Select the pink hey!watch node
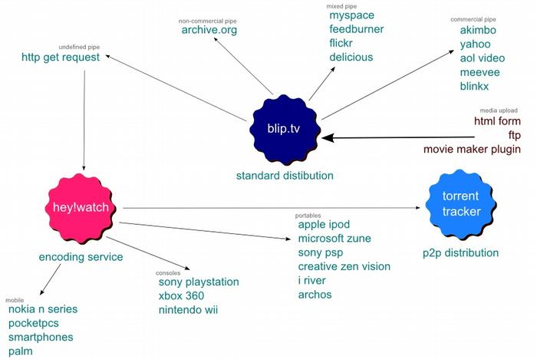[81, 206]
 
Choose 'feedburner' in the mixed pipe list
[356, 29]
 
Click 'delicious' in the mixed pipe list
[351, 57]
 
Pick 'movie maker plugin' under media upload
[472, 148]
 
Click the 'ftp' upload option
[514, 135]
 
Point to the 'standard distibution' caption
[285, 176]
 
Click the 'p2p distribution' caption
[460, 253]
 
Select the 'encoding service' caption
[81, 257]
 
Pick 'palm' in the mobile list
[21, 351]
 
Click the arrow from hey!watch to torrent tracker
[268, 207]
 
